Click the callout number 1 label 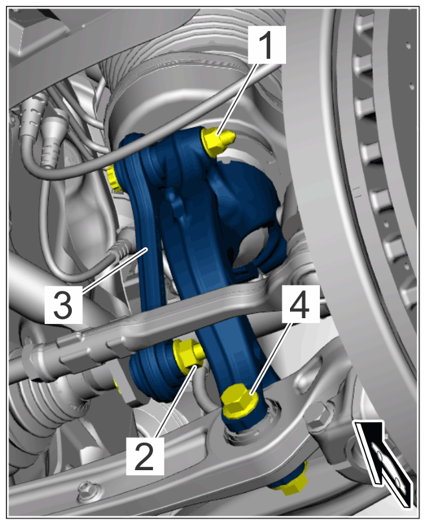pyautogui.click(x=267, y=45)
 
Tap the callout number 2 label pyautogui.click(x=145, y=456)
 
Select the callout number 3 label pyautogui.click(x=63, y=305)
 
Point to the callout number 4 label pyautogui.click(x=300, y=304)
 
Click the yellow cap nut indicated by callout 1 pyautogui.click(x=218, y=142)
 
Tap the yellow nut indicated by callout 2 pyautogui.click(x=188, y=356)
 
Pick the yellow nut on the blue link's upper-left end pyautogui.click(x=115, y=177)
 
